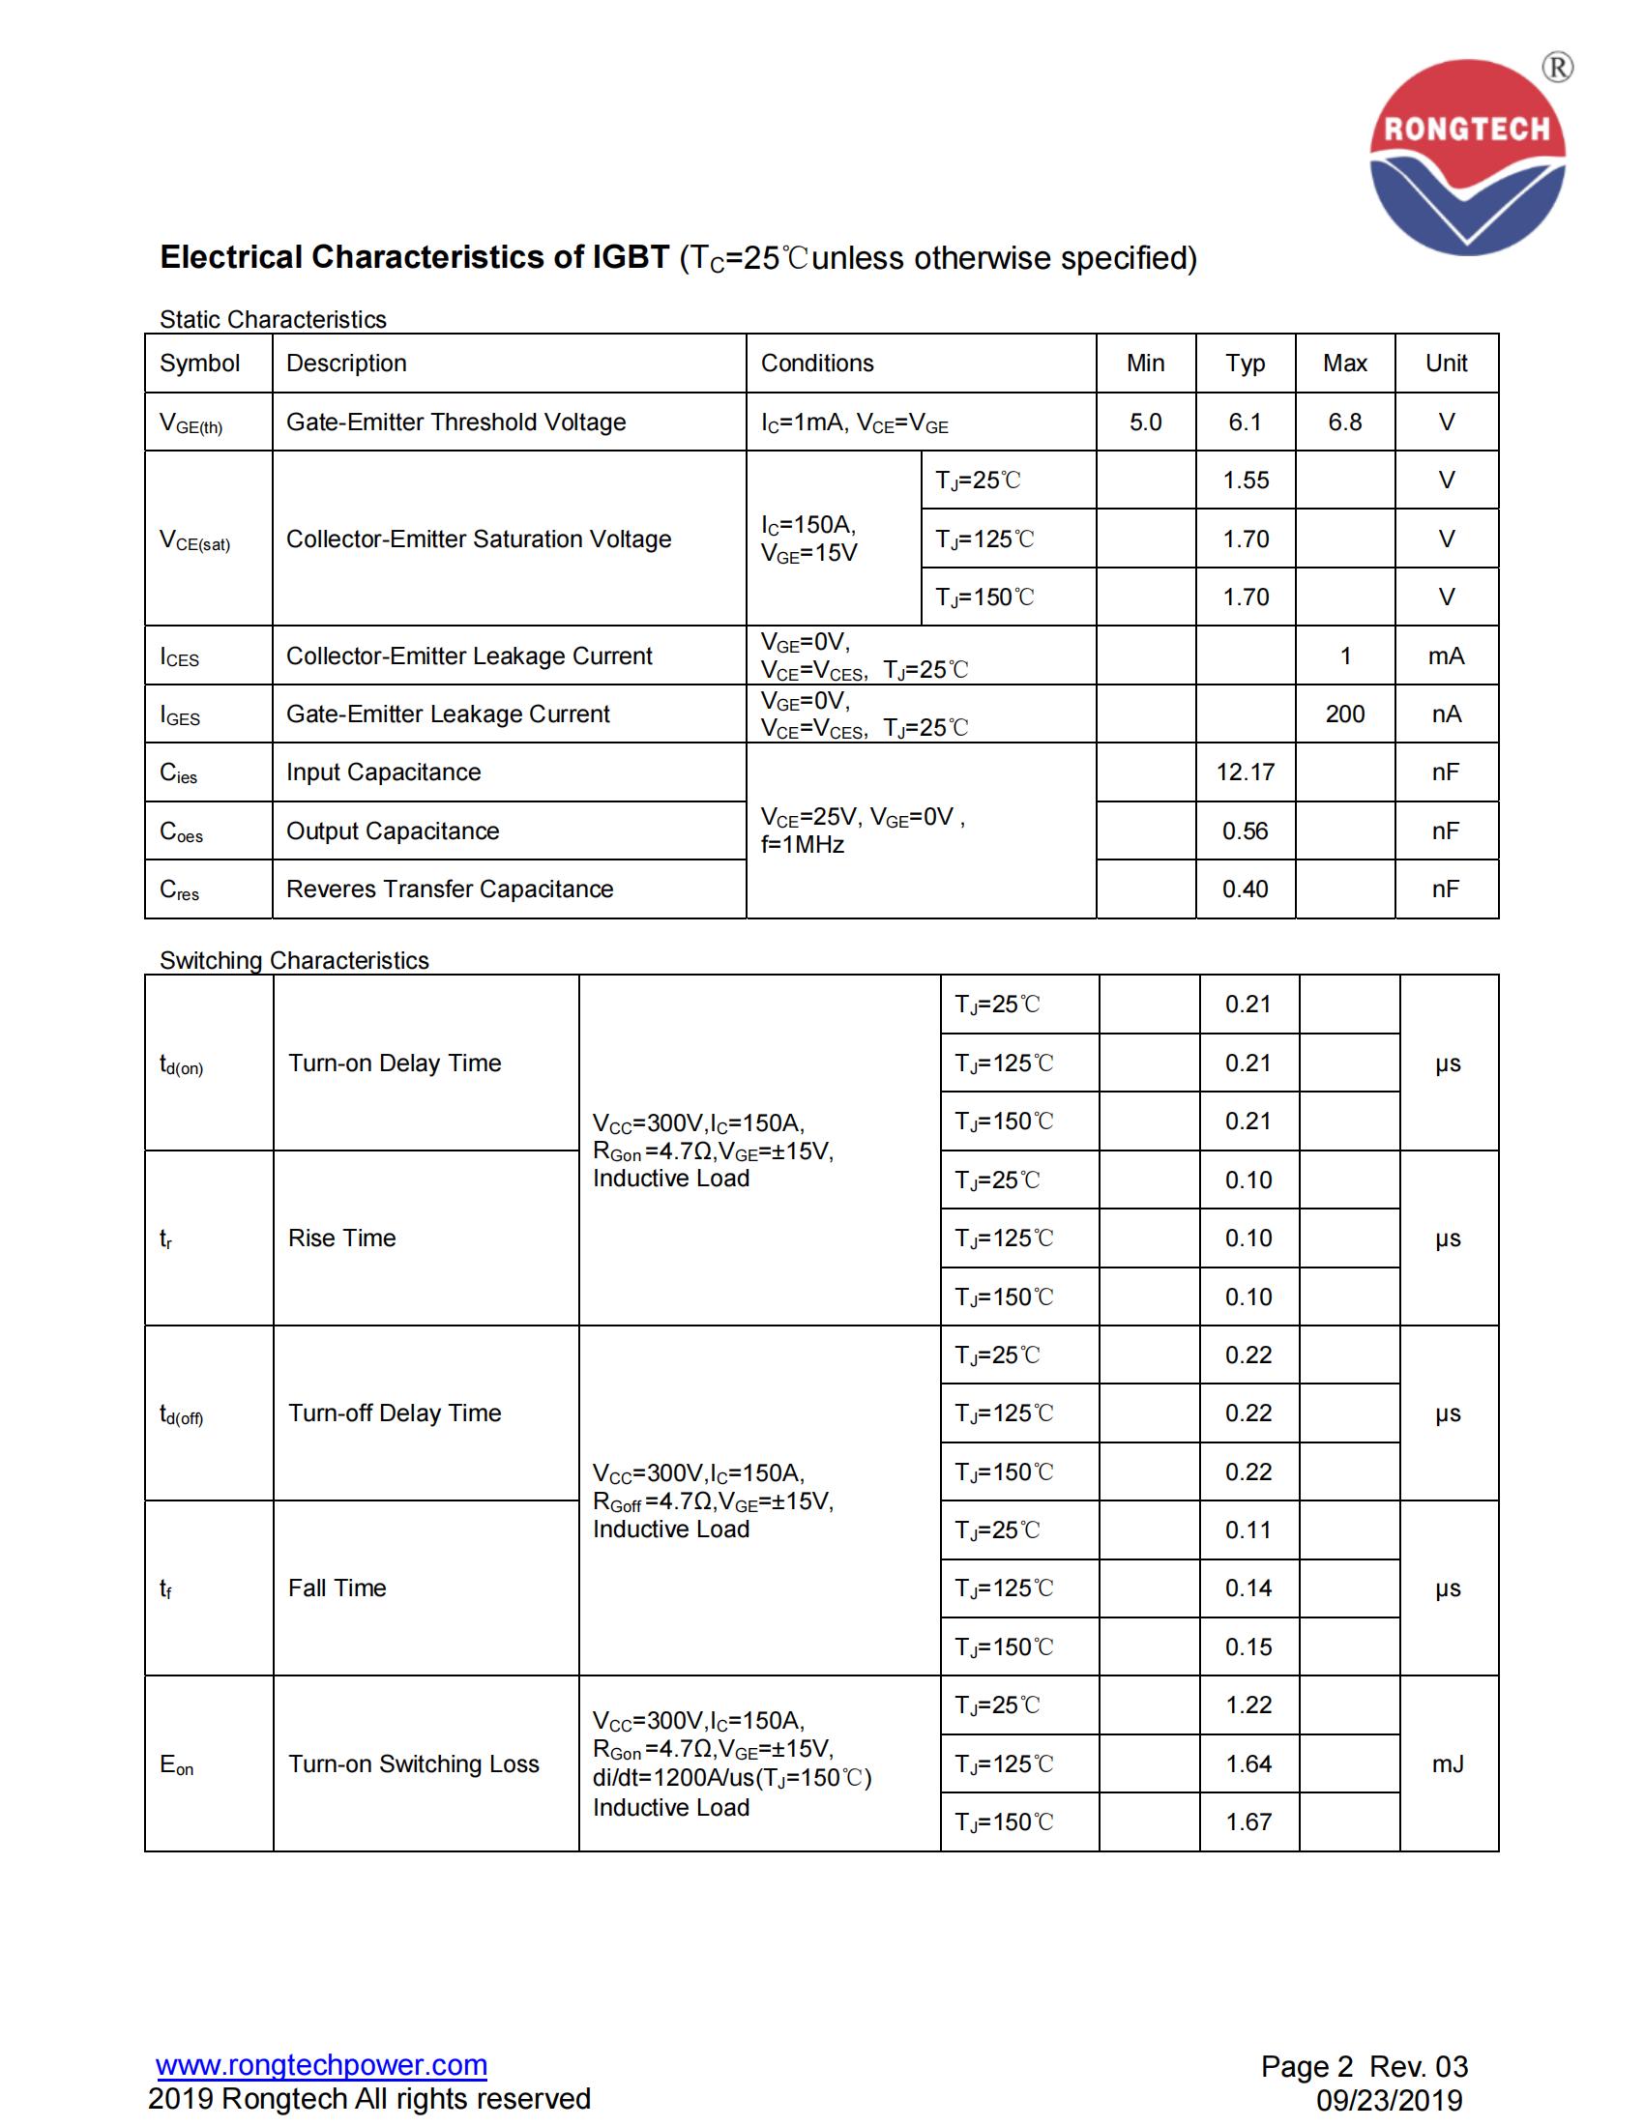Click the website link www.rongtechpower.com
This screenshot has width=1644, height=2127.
pos(321,2064)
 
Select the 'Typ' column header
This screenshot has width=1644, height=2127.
pos(1245,364)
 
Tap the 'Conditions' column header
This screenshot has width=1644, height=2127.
pos(817,364)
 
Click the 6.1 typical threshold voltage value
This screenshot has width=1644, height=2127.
pos(1245,422)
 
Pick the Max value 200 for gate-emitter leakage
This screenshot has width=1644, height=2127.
pos(1344,714)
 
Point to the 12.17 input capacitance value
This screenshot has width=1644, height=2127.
pos(1245,772)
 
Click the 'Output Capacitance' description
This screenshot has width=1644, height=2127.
pos(393,830)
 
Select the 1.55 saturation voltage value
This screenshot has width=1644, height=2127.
pos(1246,481)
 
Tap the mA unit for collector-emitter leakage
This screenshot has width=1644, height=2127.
pos(1446,656)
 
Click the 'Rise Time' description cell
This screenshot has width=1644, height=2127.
pos(341,1238)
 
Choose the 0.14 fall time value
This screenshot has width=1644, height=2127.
pos(1248,1588)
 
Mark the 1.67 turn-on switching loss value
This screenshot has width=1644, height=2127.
pos(1248,1821)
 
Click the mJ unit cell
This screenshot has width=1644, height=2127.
pos(1448,1763)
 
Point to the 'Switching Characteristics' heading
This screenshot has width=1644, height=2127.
pos(294,960)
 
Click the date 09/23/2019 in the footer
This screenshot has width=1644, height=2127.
pos(1389,2100)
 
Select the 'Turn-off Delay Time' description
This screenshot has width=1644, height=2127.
pos(395,1413)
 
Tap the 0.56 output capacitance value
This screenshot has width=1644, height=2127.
pos(1245,830)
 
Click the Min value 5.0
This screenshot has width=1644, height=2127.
pos(1145,422)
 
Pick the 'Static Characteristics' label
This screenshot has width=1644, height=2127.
pos(273,319)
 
